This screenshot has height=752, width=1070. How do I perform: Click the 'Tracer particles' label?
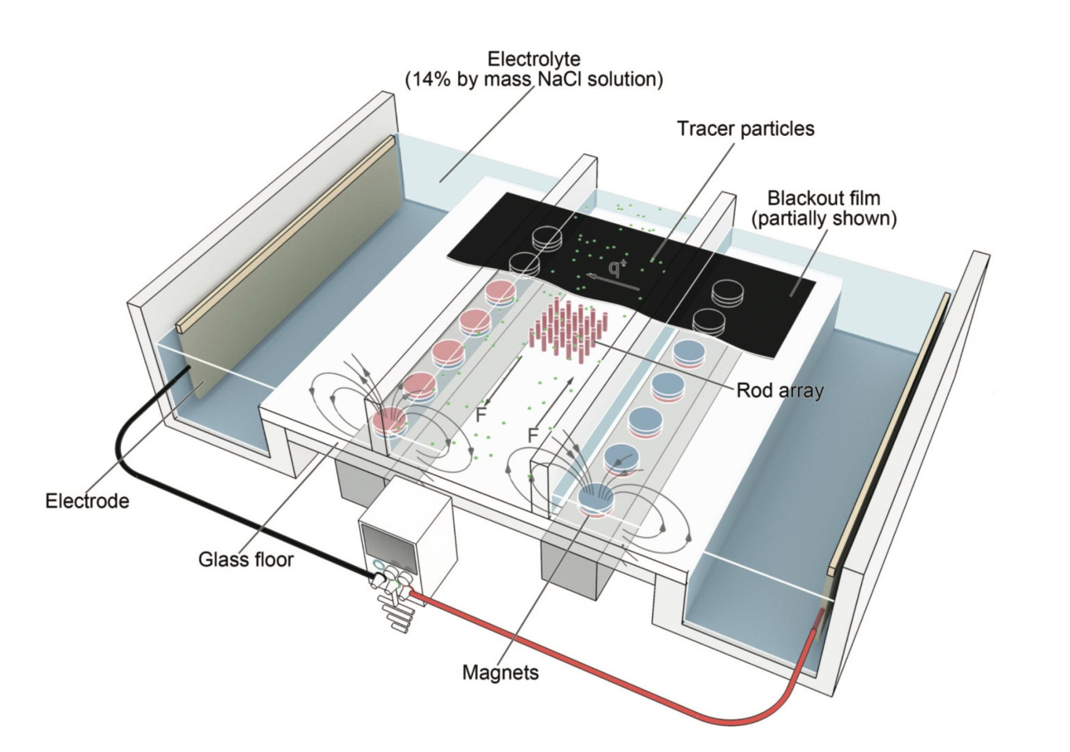tap(745, 128)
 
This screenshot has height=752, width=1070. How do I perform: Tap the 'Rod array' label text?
tap(779, 390)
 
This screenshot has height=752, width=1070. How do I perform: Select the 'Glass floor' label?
tap(246, 559)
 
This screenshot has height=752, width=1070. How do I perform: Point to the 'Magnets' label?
tap(500, 672)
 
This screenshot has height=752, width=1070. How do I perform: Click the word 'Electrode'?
tap(87, 501)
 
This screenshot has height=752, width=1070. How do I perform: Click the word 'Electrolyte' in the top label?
tap(534, 59)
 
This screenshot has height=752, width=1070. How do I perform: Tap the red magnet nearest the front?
tap(390, 423)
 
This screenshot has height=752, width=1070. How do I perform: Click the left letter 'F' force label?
tap(481, 414)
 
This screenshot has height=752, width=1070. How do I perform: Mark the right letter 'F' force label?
tap(532, 435)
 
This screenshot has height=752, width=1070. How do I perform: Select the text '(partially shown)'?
tap(824, 219)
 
